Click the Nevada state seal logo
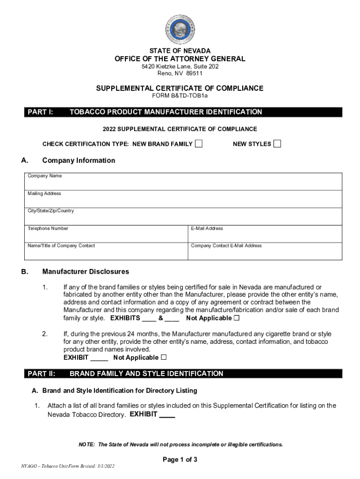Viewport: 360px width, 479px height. click(180, 29)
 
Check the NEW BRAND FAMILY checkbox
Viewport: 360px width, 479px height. click(199, 144)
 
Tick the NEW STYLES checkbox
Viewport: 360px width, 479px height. click(277, 144)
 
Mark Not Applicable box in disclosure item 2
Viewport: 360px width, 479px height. click(163, 357)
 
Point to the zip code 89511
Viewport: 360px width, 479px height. click(193, 73)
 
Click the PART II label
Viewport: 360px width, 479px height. click(42, 374)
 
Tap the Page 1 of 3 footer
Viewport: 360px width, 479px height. click(180, 459)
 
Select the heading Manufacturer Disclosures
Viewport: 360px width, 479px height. click(86, 271)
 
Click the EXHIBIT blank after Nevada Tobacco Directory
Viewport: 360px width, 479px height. click(167, 414)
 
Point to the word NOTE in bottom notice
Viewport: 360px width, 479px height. click(86, 444)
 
